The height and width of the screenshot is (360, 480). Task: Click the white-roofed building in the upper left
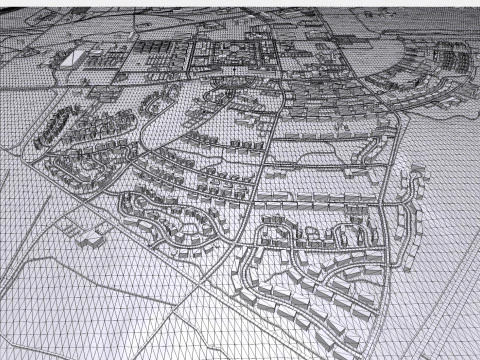click(71, 58)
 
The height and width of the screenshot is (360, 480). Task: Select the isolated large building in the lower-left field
click(93, 237)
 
